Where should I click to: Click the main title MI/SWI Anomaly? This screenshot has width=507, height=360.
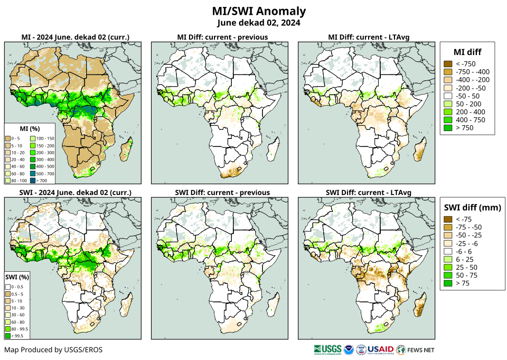tap(259, 11)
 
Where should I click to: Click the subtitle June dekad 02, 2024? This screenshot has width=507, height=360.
tap(259, 23)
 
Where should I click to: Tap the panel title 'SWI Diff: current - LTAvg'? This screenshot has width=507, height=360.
tap(369, 192)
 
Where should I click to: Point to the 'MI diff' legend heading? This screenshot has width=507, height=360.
tap(467, 51)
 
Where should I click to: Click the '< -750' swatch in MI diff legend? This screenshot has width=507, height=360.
tap(448, 64)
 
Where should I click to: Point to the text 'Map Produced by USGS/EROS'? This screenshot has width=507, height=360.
tap(53, 349)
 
